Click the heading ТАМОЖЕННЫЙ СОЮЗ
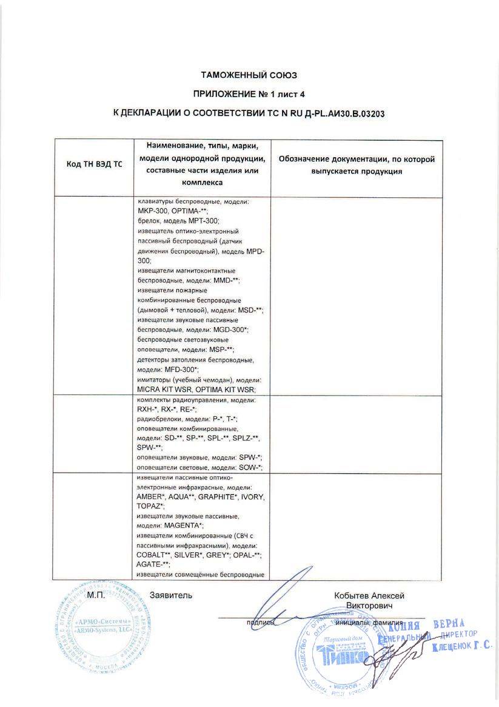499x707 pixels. [x=249, y=75]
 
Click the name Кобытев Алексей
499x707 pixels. [x=369, y=596]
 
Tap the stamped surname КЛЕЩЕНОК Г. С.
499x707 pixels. [x=462, y=648]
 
